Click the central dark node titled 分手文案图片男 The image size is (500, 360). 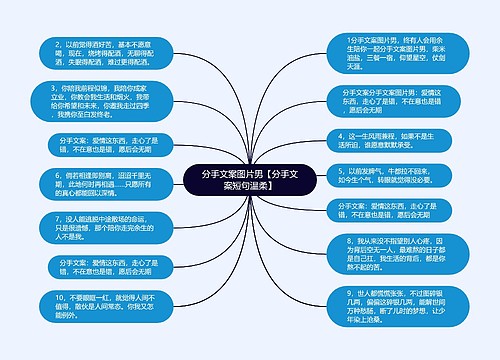[249, 180]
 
